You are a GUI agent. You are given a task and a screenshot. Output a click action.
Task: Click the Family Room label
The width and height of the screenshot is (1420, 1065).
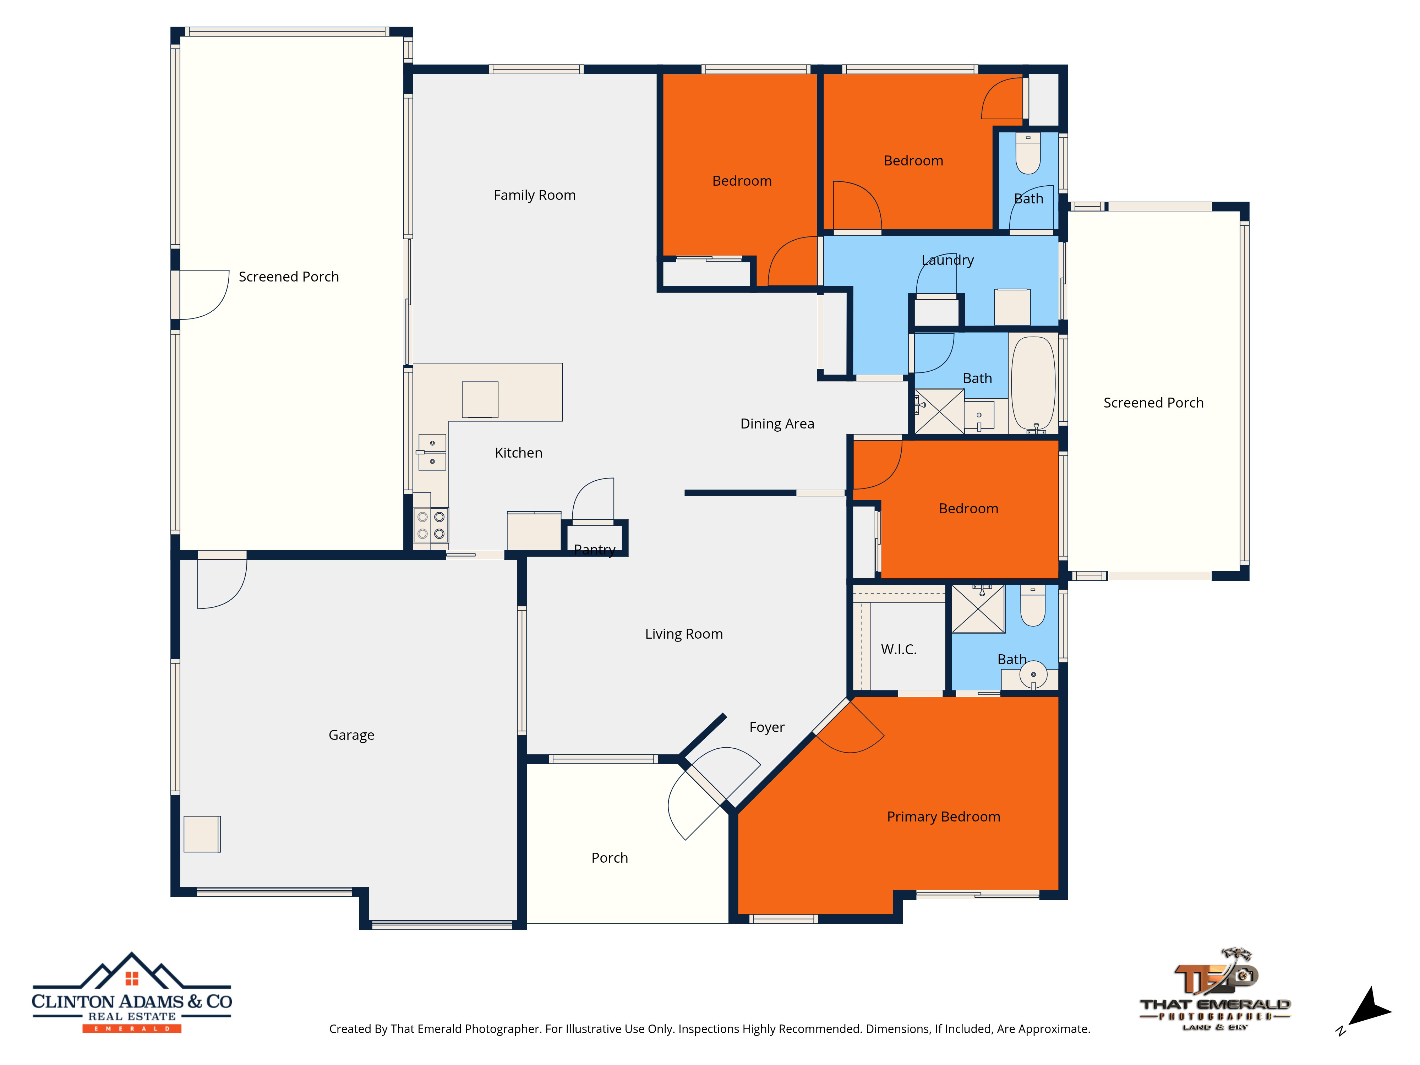pos(534,195)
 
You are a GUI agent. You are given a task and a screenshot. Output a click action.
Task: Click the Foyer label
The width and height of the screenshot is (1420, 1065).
pos(766,727)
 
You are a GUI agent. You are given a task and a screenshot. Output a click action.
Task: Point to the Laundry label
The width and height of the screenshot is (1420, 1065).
pos(947,260)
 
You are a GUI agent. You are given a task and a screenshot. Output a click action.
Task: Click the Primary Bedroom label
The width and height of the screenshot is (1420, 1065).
pos(943,816)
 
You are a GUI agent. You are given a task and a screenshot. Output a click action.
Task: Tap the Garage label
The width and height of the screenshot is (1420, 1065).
pos(351,735)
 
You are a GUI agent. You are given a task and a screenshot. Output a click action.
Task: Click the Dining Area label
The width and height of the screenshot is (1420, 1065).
pos(777,424)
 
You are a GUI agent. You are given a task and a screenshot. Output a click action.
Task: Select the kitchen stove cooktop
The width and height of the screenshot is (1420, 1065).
pos(431,525)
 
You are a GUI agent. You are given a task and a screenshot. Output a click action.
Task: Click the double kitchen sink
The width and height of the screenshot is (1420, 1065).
pos(432,452)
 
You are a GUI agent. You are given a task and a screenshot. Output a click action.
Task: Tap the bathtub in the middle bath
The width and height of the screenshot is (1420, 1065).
pos(1033,384)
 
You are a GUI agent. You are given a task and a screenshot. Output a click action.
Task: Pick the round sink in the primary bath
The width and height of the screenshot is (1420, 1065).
pos(1033,675)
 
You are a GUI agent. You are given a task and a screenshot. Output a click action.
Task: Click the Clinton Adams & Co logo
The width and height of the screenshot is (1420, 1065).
pos(132,993)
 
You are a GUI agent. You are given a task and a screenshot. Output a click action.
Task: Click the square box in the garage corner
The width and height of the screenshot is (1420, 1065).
pos(202,834)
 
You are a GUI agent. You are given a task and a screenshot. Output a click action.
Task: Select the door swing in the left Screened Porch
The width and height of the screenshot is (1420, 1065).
pos(204,295)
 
